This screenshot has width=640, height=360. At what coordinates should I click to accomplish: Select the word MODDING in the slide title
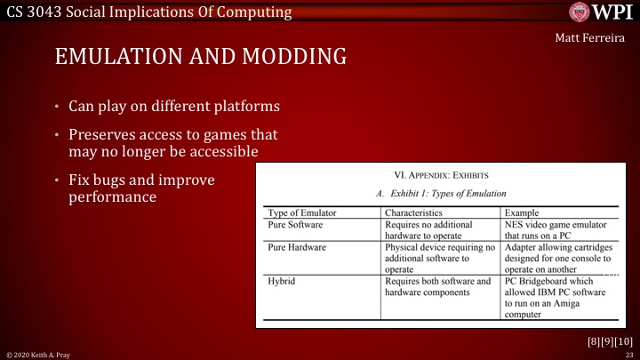click(x=290, y=57)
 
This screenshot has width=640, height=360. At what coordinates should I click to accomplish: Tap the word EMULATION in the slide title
click(x=115, y=57)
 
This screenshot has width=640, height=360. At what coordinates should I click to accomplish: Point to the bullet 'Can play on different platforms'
click(x=175, y=107)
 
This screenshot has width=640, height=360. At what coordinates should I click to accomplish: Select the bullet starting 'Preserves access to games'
click(x=173, y=143)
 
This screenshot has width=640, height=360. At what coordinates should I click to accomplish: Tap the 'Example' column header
click(x=524, y=213)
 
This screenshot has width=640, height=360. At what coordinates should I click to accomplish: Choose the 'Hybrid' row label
click(x=283, y=281)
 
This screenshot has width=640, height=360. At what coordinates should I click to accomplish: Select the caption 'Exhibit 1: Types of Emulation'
click(x=442, y=193)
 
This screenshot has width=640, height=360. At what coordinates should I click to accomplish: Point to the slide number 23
click(x=628, y=355)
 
